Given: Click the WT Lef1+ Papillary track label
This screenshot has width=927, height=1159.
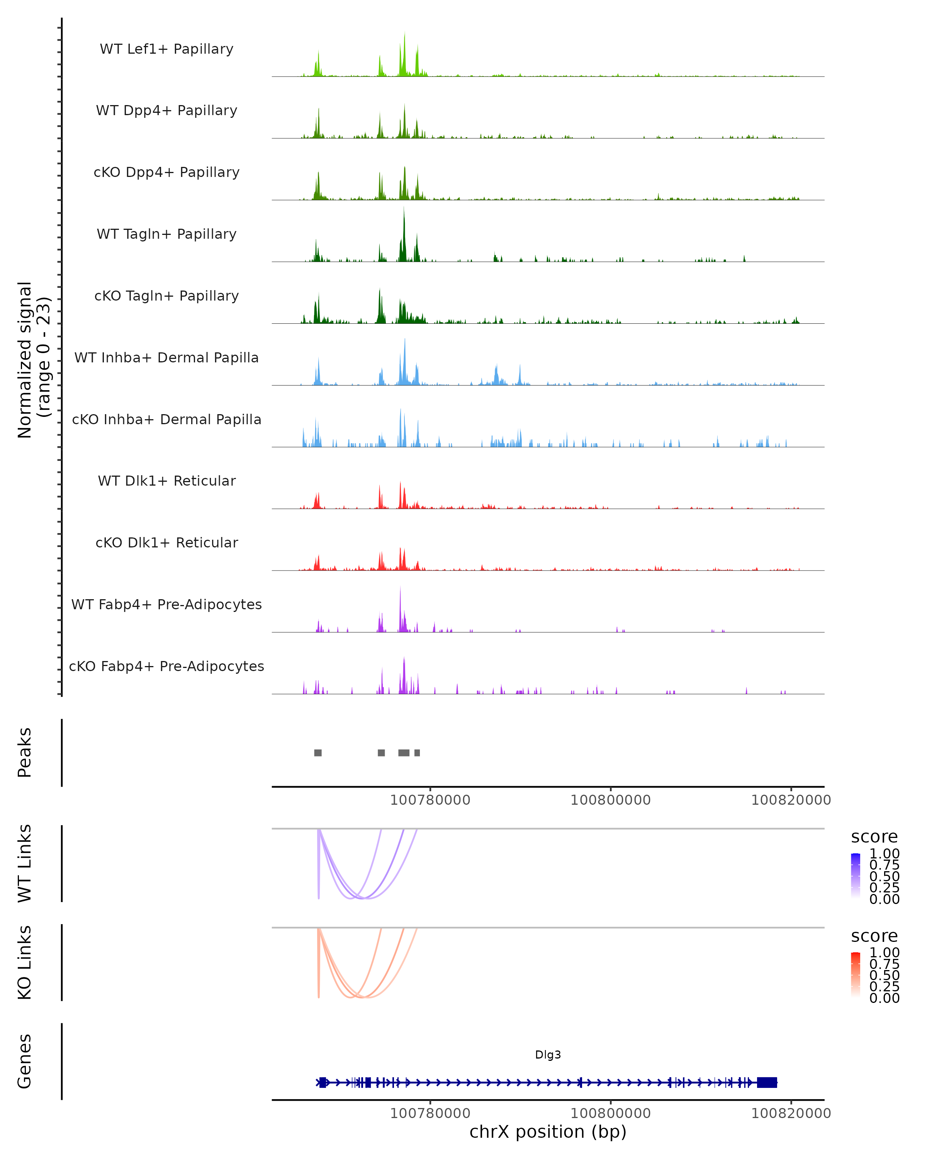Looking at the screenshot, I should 166,49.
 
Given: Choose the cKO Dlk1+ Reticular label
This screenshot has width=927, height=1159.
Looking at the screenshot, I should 166,542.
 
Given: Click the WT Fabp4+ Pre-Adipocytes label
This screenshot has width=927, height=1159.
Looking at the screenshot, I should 166,604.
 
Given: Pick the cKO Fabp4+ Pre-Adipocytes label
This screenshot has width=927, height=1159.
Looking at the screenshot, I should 166,666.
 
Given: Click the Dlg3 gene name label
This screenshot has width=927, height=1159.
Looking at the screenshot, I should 548,1055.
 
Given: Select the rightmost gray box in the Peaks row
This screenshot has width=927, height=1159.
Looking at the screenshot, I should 417,753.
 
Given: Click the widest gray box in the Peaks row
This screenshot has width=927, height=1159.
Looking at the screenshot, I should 404,753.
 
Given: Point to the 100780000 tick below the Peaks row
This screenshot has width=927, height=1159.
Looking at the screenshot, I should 430,800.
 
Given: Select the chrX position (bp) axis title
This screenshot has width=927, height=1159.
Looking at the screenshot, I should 548,1132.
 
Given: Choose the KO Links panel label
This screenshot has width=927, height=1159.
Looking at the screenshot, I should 25,962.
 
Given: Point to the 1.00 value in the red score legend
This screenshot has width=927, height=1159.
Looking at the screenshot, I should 884,953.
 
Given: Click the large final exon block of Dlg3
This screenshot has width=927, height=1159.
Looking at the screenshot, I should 767,1083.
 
